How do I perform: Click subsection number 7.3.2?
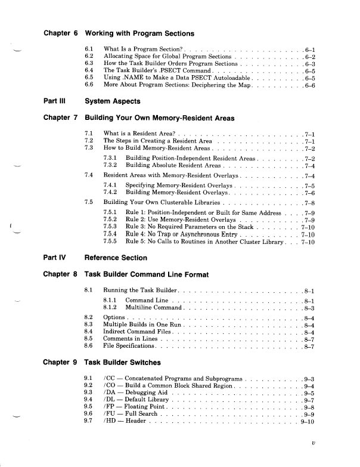[x=111, y=164]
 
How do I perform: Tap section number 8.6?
[x=89, y=346]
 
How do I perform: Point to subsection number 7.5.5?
[x=111, y=243]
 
